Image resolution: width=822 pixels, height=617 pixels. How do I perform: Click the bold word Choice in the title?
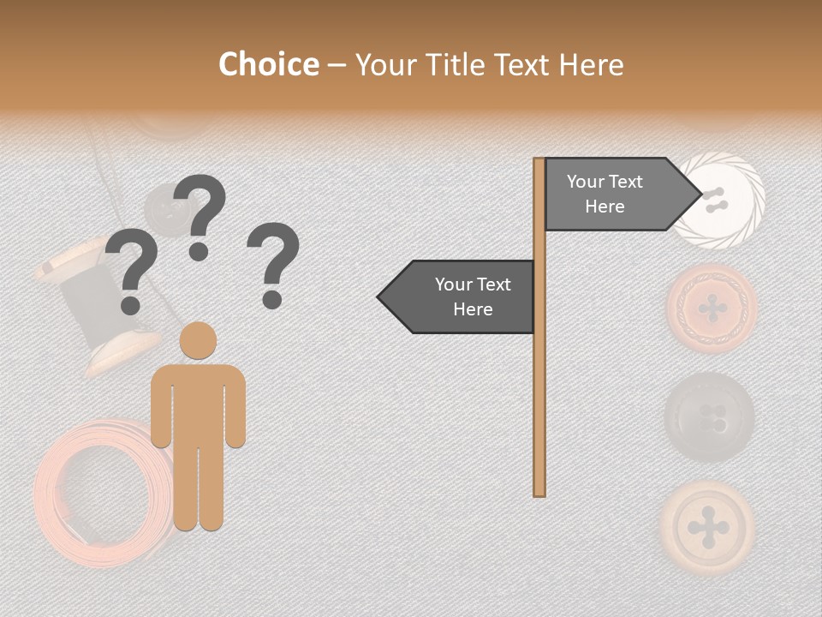(x=268, y=65)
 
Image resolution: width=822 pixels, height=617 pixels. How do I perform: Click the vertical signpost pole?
(x=539, y=360)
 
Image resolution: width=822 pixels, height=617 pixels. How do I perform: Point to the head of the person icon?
(x=199, y=340)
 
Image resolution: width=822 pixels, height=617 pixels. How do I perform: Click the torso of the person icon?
(x=199, y=403)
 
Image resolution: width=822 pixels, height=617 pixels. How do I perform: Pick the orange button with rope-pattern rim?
(x=712, y=308)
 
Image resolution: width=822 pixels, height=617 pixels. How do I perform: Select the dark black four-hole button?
(x=710, y=417)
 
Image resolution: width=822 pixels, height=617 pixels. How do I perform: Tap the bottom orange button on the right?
(x=708, y=525)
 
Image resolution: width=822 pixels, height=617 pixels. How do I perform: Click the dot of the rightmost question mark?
(x=272, y=300)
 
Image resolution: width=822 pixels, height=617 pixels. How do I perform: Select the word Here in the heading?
(x=591, y=65)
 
